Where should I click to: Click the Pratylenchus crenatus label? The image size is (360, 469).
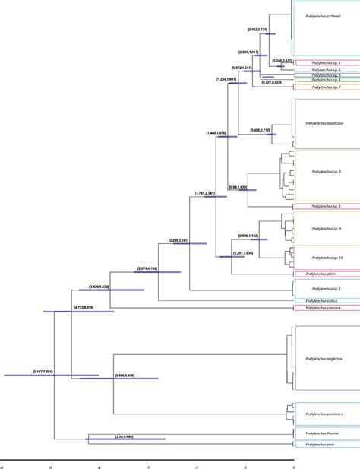point(324,308)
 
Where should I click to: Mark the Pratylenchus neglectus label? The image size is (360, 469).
point(324,358)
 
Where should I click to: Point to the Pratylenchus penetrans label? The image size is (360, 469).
point(324,414)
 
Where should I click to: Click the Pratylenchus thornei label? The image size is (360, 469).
point(324,433)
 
